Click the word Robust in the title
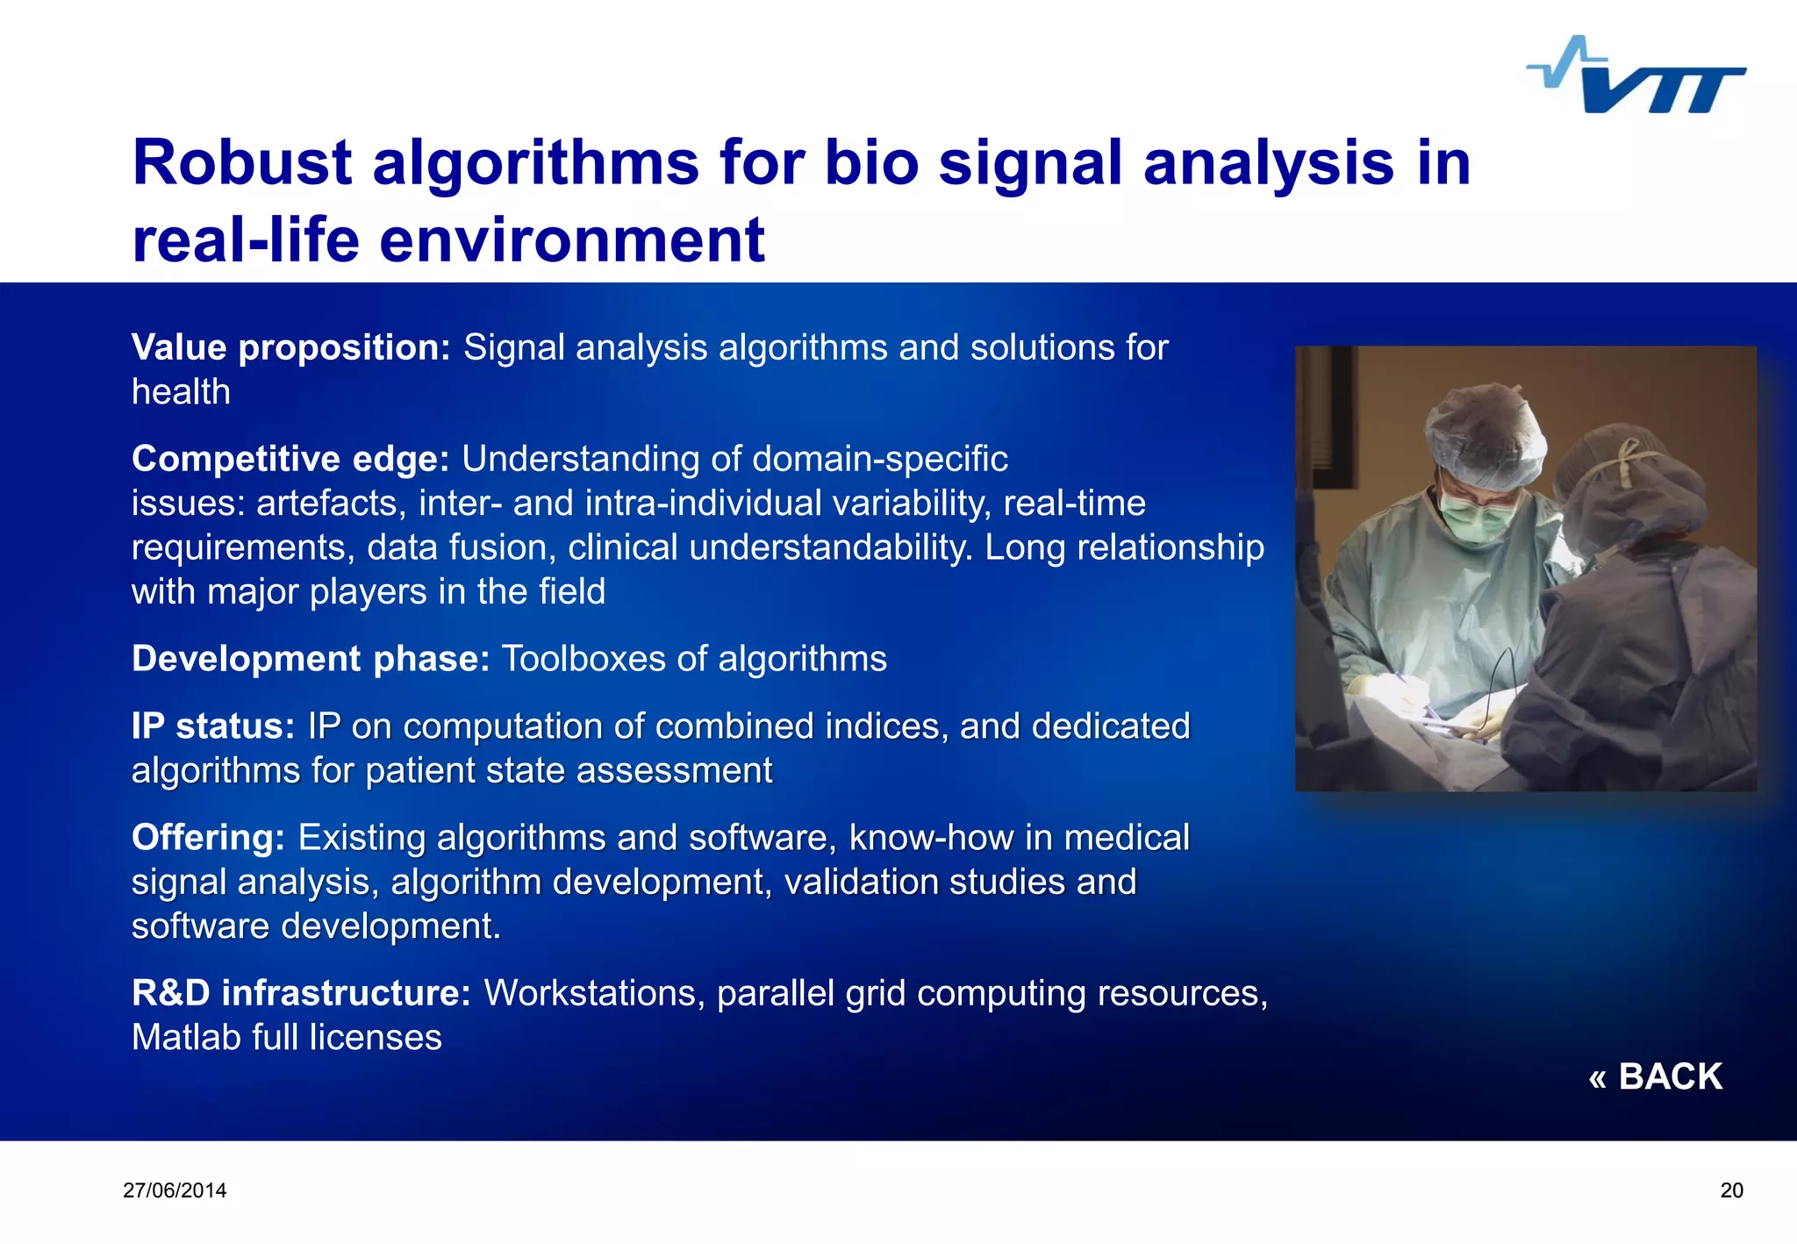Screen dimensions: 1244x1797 click(x=242, y=163)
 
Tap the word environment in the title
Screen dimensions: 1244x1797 click(x=571, y=240)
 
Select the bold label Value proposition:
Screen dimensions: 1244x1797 click(x=290, y=347)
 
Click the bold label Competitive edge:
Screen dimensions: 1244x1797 click(x=290, y=459)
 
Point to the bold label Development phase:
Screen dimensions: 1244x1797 click(x=310, y=659)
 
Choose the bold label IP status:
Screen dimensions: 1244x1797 click(x=212, y=726)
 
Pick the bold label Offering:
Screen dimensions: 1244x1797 click(x=208, y=838)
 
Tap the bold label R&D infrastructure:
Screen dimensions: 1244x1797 click(x=301, y=993)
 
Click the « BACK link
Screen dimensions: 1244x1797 click(x=1655, y=1076)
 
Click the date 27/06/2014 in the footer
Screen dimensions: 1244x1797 click(x=175, y=1190)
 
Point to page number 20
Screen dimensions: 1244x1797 click(x=1731, y=1190)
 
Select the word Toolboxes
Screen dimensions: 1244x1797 click(x=583, y=659)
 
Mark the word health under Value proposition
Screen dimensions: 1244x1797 click(x=181, y=392)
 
